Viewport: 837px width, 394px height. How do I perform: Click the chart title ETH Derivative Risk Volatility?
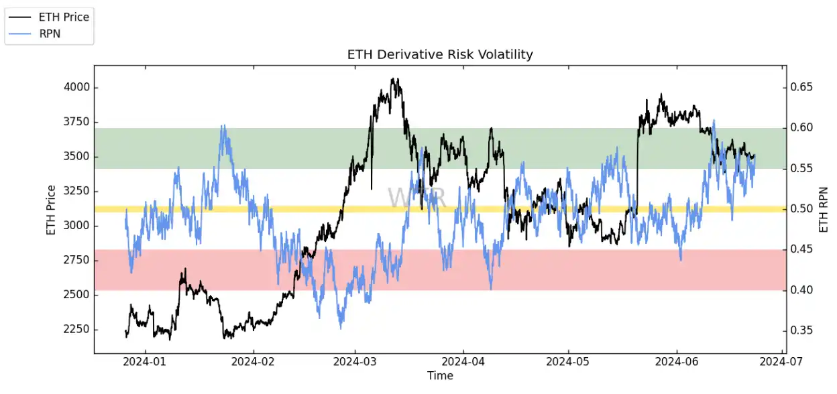[x=440, y=54]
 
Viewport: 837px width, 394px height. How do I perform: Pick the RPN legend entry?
[x=50, y=34]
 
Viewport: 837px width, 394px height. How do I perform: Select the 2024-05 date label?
[x=568, y=362]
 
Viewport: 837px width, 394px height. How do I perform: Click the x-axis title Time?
[x=440, y=376]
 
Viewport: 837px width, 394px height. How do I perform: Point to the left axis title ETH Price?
[x=51, y=208]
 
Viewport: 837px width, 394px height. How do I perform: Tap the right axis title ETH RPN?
[x=824, y=208]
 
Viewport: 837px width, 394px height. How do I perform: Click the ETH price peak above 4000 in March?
[x=395, y=80]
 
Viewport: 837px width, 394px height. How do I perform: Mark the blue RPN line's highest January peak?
[x=223, y=126]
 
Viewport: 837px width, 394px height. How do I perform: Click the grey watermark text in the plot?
[x=416, y=198]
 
